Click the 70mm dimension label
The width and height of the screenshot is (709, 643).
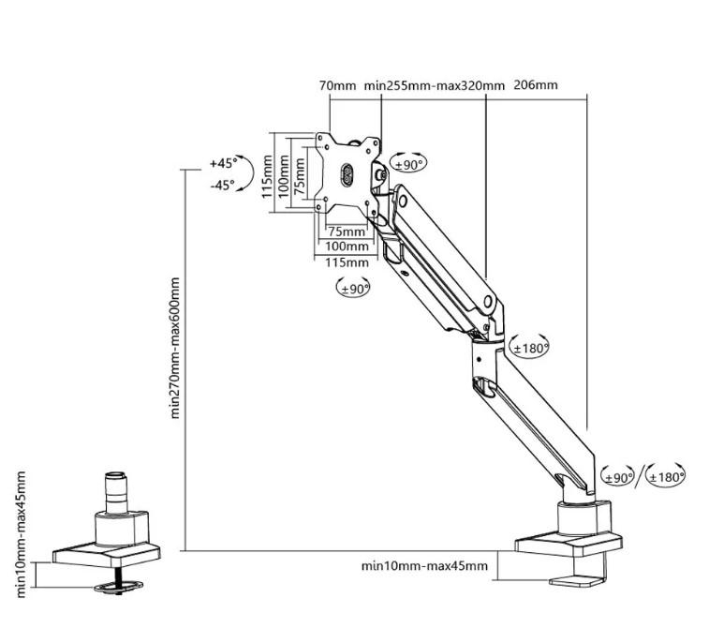tap(337, 85)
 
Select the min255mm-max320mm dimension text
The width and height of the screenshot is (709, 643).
tap(435, 85)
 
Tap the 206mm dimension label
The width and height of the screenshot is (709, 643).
tap(537, 85)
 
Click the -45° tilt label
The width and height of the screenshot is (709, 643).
tap(223, 186)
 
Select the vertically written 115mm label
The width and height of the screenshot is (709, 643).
tap(269, 174)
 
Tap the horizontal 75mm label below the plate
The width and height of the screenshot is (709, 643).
tap(347, 232)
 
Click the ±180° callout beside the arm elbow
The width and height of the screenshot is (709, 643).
tap(529, 349)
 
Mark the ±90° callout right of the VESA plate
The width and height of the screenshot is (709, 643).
tap(408, 164)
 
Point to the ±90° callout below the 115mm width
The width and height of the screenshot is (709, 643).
tap(355, 289)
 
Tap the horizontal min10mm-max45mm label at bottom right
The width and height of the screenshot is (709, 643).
tap(424, 566)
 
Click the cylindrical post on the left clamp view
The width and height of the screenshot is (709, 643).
tap(117, 491)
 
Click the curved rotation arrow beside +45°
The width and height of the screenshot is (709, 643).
tap(246, 173)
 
